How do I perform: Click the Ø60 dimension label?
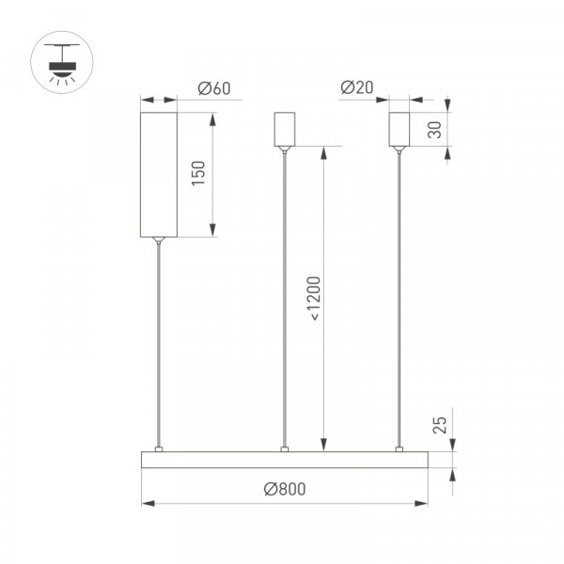click(214, 88)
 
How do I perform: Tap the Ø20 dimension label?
click(357, 87)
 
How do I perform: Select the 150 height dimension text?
click(198, 173)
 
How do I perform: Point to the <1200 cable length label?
click(313, 298)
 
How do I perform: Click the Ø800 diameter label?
click(285, 489)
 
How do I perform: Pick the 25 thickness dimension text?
click(440, 425)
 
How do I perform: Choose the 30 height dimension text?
click(435, 130)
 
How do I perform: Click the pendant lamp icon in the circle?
click(62, 63)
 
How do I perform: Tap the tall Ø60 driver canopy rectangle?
click(159, 175)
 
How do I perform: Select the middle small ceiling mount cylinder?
click(285, 129)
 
